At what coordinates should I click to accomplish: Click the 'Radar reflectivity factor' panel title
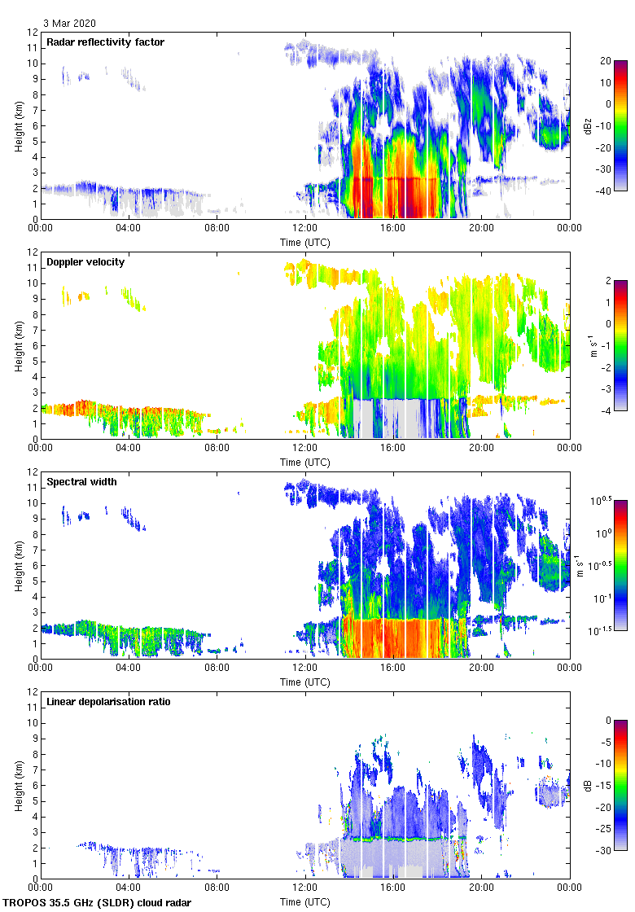[x=106, y=42]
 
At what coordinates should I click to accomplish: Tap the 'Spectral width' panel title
[x=81, y=481]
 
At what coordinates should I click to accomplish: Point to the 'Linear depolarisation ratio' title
[x=108, y=701]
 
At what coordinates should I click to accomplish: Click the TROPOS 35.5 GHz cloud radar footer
[x=98, y=903]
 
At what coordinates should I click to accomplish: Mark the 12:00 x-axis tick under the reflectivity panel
[x=304, y=229]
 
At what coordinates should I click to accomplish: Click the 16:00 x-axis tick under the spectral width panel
[x=393, y=669]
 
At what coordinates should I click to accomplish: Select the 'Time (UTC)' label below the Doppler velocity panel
[x=304, y=462]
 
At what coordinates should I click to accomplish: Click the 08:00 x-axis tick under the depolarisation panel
[x=217, y=888]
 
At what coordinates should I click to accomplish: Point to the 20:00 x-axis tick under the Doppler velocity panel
[x=481, y=449]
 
